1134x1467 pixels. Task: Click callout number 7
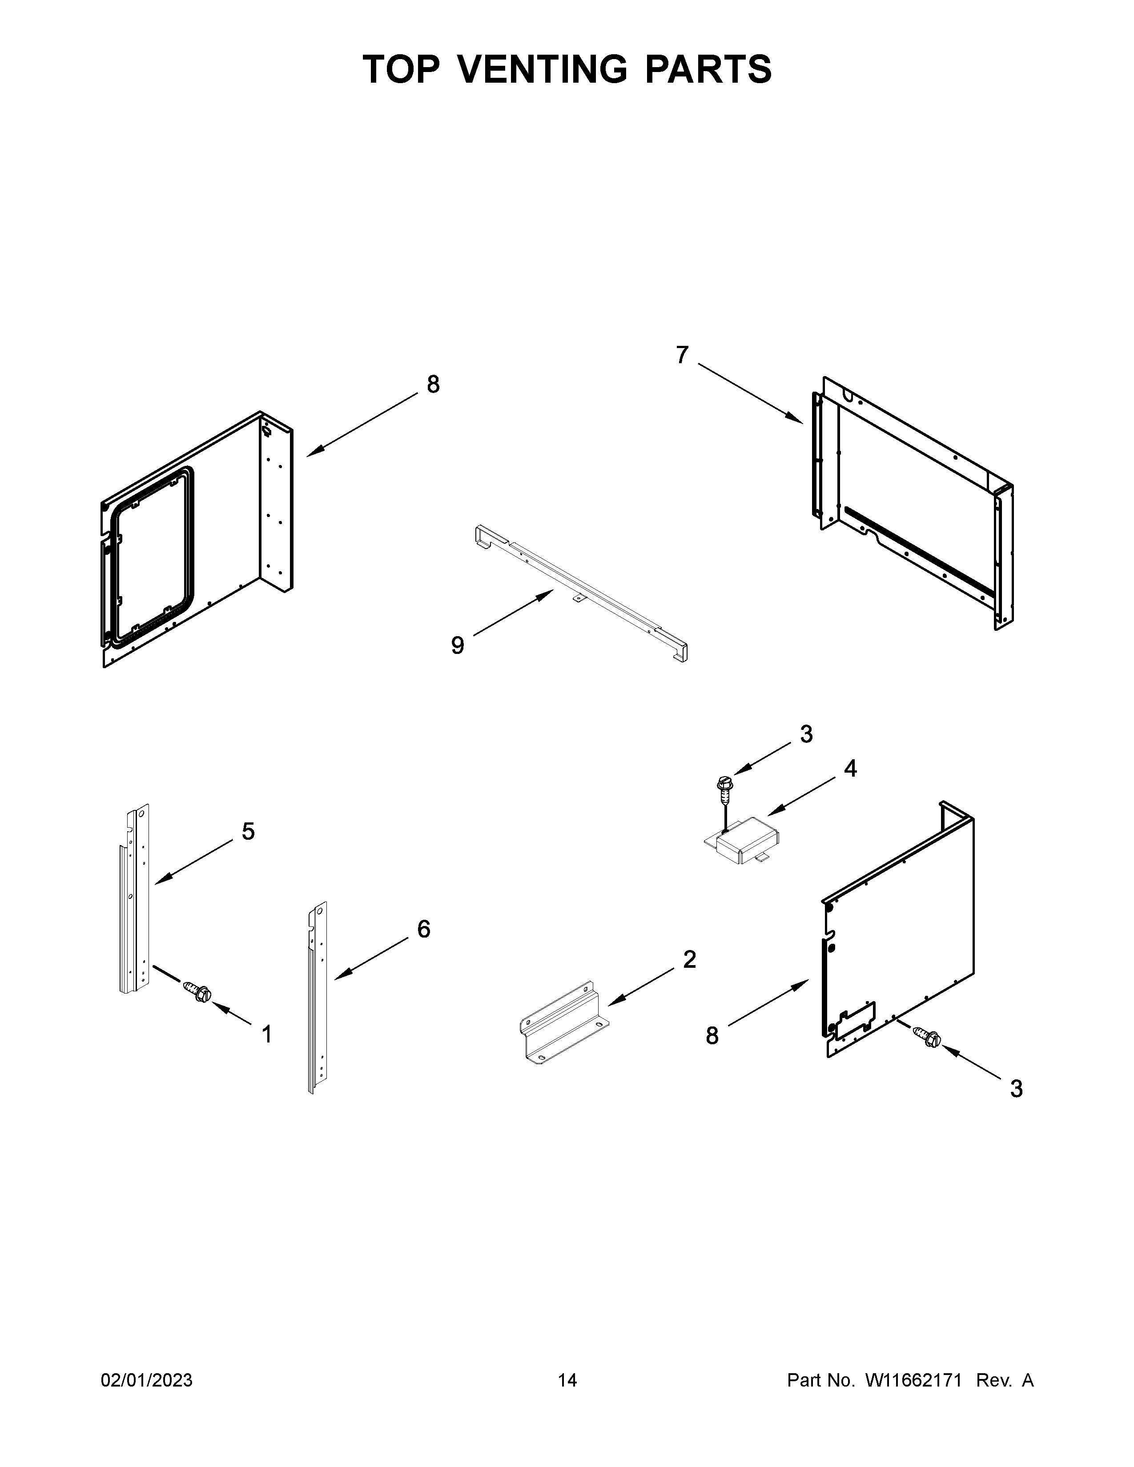pyautogui.click(x=682, y=355)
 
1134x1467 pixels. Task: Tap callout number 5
pyautogui.click(x=248, y=832)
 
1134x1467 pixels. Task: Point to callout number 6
pyautogui.click(x=423, y=929)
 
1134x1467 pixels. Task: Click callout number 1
pyautogui.click(x=267, y=1034)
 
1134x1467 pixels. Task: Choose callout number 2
pyautogui.click(x=689, y=960)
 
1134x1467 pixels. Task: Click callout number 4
pyautogui.click(x=850, y=769)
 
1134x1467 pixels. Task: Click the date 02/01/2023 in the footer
pyautogui.click(x=146, y=1380)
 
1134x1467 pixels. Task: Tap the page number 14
pyautogui.click(x=567, y=1380)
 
